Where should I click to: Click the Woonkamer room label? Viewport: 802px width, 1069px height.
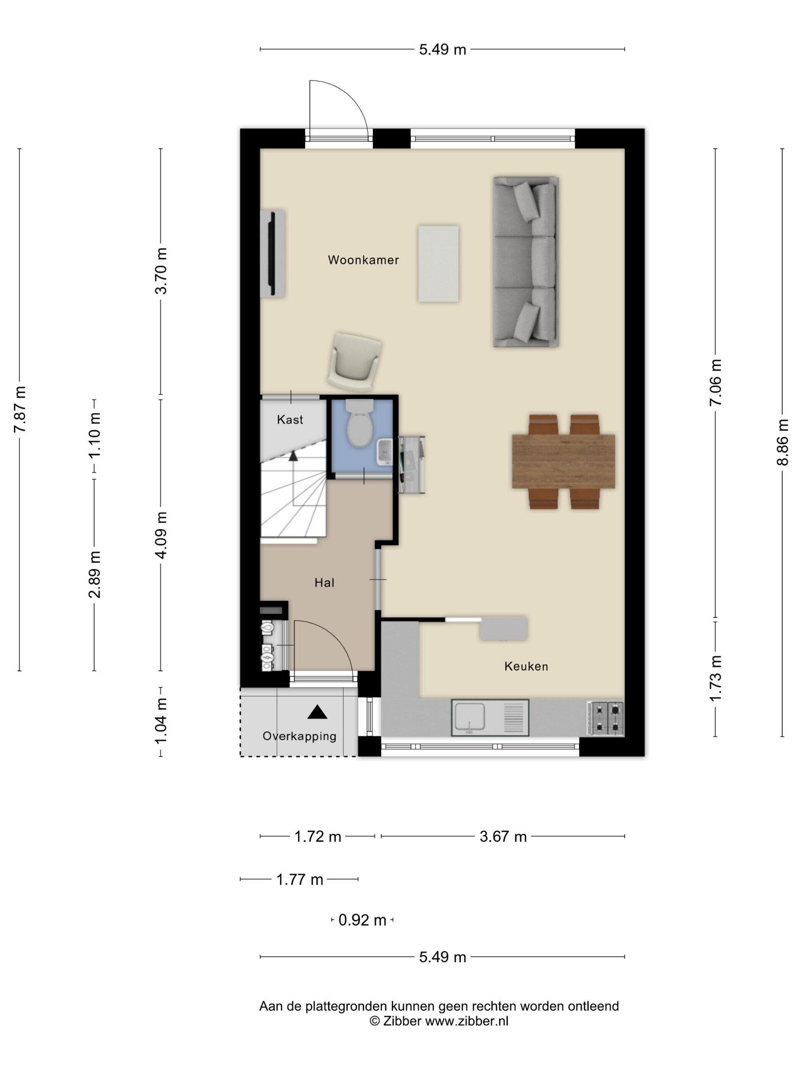[x=363, y=260]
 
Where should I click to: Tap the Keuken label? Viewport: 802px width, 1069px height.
[x=526, y=667]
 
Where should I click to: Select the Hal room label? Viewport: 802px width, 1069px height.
[x=324, y=583]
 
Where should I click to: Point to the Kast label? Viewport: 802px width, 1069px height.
[x=289, y=420]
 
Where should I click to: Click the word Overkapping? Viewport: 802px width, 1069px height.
[x=299, y=736]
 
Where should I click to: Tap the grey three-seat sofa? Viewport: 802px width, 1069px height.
[x=526, y=262]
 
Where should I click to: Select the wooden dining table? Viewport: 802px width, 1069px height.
[x=563, y=462]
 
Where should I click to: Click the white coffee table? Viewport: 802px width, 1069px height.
[x=438, y=263]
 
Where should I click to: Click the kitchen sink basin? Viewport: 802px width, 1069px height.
[x=469, y=717]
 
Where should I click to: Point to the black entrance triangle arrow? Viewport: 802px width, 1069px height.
[x=317, y=711]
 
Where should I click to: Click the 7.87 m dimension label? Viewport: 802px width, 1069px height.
[x=20, y=409]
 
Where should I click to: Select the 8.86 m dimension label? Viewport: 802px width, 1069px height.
[x=782, y=442]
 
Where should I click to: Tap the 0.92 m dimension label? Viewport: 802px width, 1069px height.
[x=362, y=920]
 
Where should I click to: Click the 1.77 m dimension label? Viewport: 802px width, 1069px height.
[x=299, y=880]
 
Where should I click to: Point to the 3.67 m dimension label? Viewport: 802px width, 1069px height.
[x=503, y=836]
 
